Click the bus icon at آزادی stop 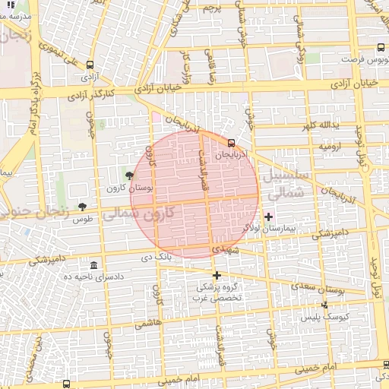click(x=91, y=65)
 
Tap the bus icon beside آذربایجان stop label click(x=231, y=142)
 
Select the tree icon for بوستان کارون click(x=130, y=176)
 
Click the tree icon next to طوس click(x=82, y=207)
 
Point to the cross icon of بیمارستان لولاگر click(x=268, y=217)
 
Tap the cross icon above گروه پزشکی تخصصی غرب click(x=217, y=275)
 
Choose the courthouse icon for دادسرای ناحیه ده click(x=93, y=265)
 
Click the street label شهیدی click(x=226, y=250)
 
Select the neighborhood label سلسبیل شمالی click(x=286, y=183)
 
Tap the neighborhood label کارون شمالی click(x=138, y=213)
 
